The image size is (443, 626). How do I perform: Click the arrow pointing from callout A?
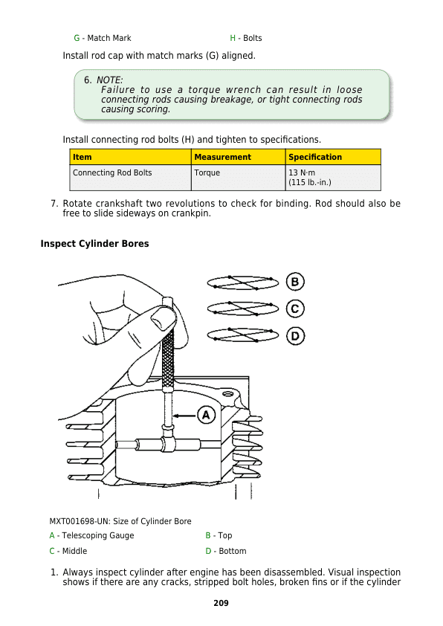[184, 416]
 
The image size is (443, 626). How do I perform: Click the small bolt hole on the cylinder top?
[228, 394]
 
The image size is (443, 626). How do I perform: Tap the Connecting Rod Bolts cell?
[112, 172]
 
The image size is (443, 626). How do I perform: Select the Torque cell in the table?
[207, 172]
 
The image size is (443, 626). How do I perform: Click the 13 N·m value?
[302, 172]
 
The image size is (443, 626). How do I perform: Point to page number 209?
[221, 603]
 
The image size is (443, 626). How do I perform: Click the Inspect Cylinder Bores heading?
[94, 244]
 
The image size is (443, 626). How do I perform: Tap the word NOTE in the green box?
[109, 80]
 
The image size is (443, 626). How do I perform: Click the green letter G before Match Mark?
[77, 38]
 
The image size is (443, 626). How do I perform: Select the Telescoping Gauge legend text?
[98, 535]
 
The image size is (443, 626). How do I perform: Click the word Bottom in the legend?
[232, 551]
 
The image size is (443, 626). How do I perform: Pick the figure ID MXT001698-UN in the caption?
[79, 521]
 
